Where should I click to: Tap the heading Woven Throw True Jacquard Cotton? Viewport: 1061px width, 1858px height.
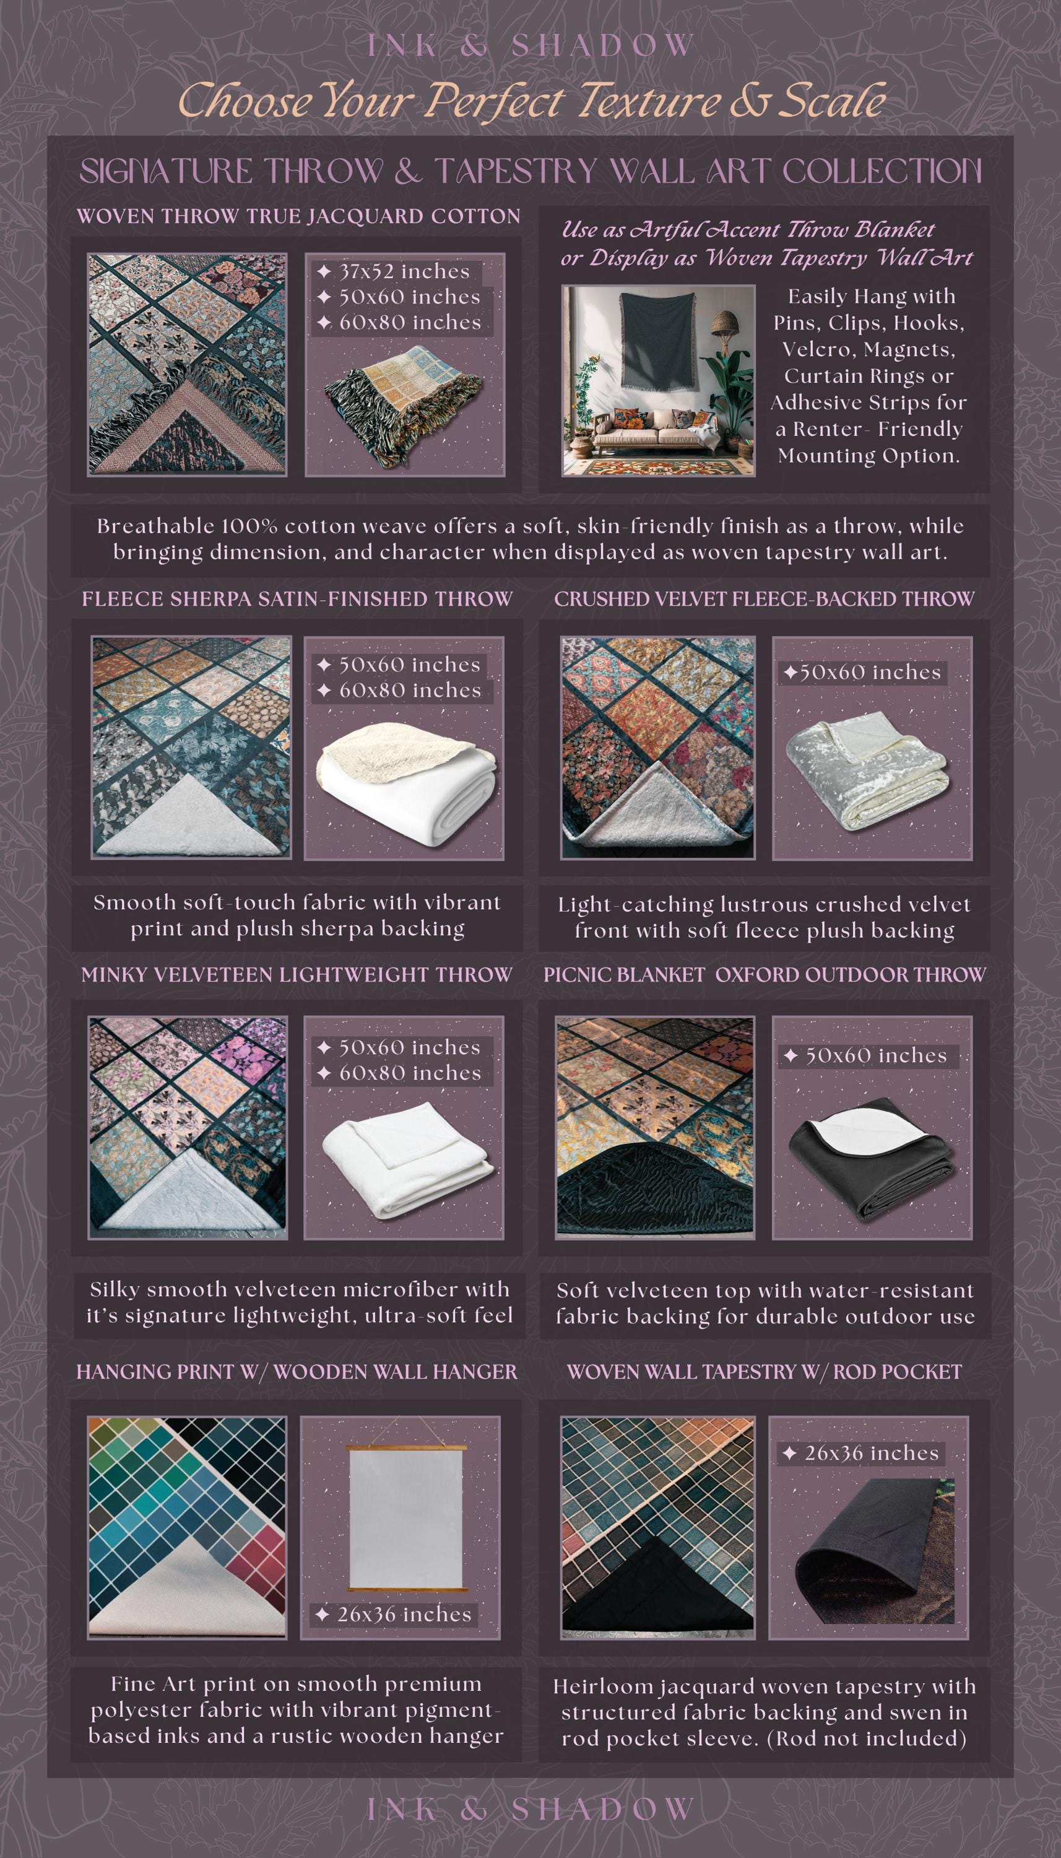tap(298, 217)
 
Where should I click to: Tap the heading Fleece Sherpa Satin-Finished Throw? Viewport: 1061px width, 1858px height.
tap(297, 599)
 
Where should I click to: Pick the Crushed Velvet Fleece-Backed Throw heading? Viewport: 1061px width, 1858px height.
tap(764, 599)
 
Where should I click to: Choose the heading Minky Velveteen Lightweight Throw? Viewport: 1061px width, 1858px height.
tap(297, 975)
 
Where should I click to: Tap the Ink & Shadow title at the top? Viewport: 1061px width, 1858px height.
tap(530, 46)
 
